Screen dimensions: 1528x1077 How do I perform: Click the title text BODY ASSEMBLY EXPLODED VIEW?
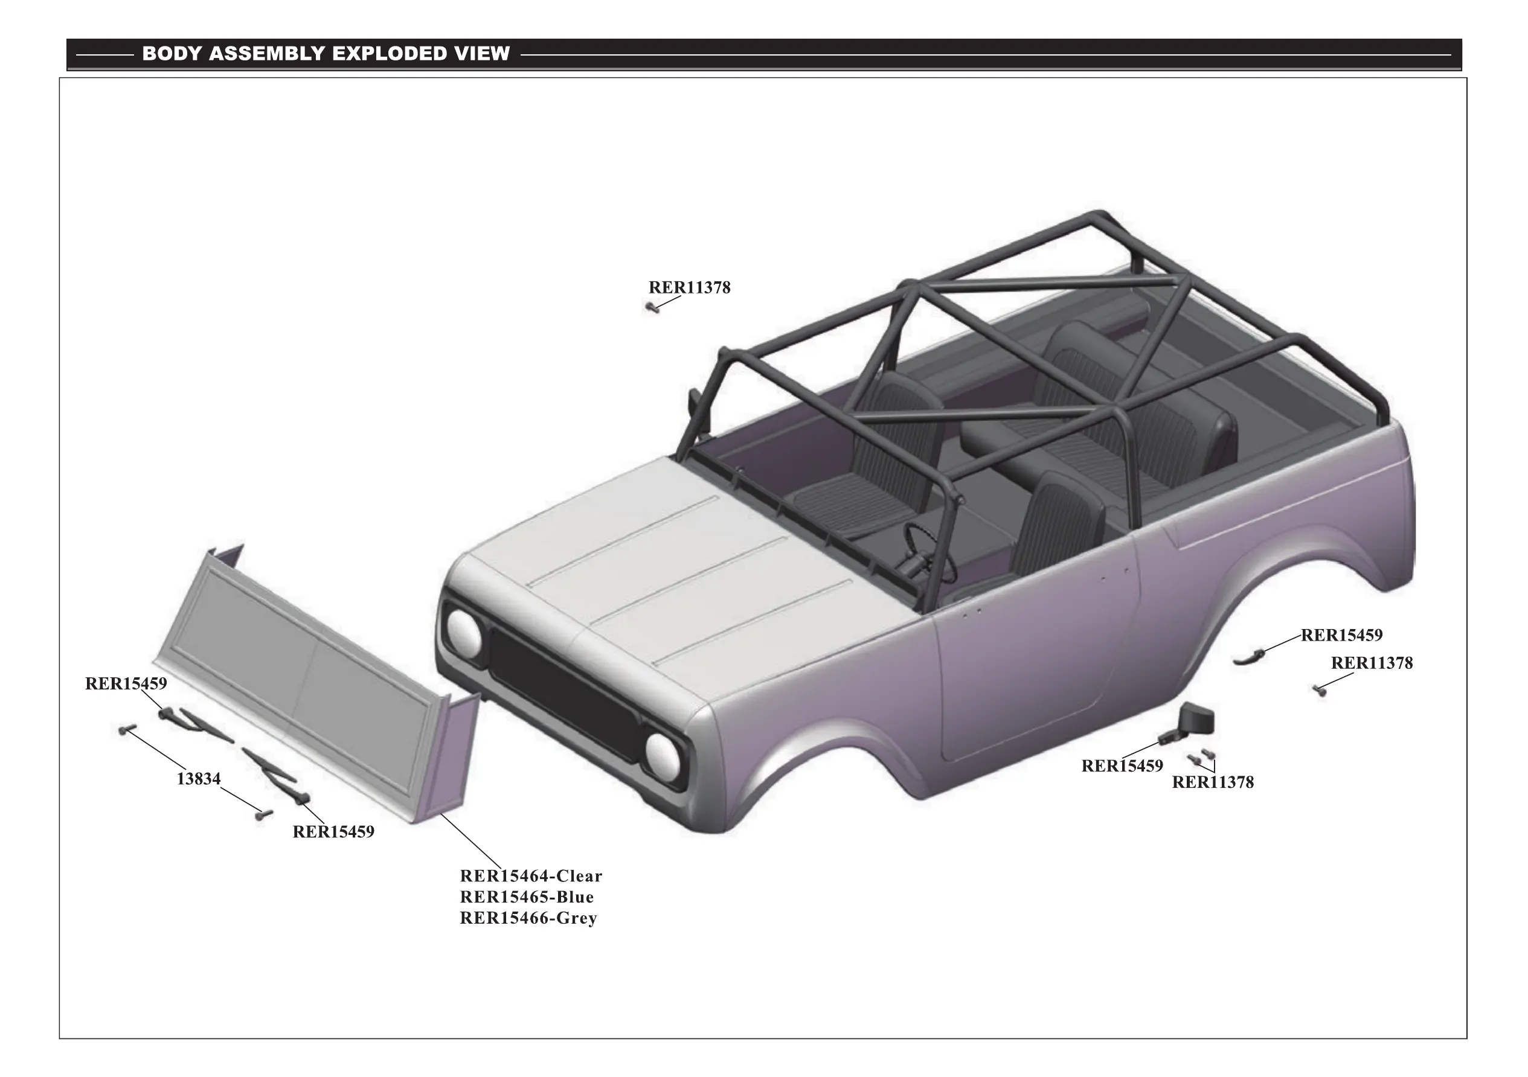(326, 53)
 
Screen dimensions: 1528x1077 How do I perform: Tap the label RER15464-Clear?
(530, 875)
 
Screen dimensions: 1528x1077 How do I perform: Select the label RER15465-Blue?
(527, 896)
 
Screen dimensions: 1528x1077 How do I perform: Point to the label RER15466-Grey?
(528, 918)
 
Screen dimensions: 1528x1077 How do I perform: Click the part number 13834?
(198, 778)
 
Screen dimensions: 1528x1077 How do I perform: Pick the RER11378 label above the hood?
(690, 287)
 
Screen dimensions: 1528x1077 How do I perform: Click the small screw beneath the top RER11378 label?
(653, 307)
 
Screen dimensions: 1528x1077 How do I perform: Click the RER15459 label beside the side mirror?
(1122, 765)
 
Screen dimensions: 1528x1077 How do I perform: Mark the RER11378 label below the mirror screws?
(1213, 782)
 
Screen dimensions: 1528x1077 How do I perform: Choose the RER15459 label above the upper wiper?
(126, 683)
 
